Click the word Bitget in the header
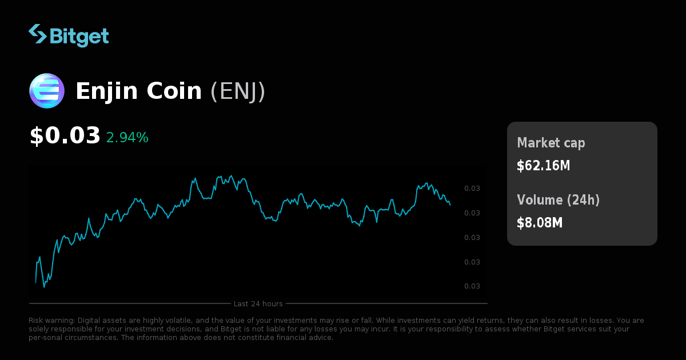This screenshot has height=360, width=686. (x=79, y=36)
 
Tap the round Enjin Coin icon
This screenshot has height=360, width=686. (x=47, y=91)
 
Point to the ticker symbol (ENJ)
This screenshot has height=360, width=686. (x=238, y=91)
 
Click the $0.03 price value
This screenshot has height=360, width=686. (x=65, y=136)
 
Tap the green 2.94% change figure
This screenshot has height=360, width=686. (x=127, y=138)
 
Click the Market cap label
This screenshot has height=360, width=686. (x=551, y=143)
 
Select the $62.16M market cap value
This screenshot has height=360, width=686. (x=543, y=166)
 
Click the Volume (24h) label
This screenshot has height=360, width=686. (x=558, y=200)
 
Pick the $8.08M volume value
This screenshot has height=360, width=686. (x=540, y=223)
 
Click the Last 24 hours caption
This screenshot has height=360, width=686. (x=258, y=303)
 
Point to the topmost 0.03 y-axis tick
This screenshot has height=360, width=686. (x=472, y=189)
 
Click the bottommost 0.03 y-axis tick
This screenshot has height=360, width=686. (x=472, y=286)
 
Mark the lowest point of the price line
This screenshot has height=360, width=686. (x=44, y=287)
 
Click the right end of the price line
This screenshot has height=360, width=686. (x=450, y=205)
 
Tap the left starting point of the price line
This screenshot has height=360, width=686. (x=35, y=283)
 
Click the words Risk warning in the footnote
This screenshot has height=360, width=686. (x=52, y=321)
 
